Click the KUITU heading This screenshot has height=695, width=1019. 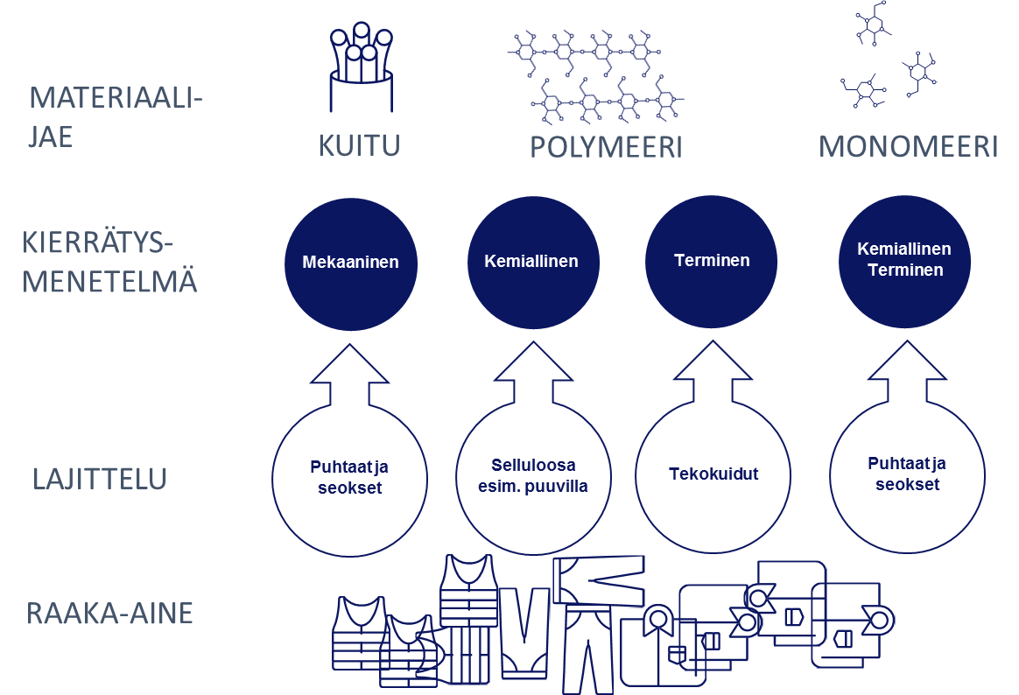pos(359,146)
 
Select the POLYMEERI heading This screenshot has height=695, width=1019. pos(607,147)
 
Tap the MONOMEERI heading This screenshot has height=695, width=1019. pos(908,147)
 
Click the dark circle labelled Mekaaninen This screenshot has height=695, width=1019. pos(351,263)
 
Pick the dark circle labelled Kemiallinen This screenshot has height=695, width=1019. pos(533,261)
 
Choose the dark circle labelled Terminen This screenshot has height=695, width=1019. pos(712,261)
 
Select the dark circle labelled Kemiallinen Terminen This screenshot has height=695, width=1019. pos(904,261)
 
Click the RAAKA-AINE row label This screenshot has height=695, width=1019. pos(109,614)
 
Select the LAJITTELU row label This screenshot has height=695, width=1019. pos(100,480)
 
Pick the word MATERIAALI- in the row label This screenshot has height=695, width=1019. pos(116,98)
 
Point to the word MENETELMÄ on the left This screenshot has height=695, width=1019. pos(109,282)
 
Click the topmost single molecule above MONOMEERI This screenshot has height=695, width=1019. pos(874,25)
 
